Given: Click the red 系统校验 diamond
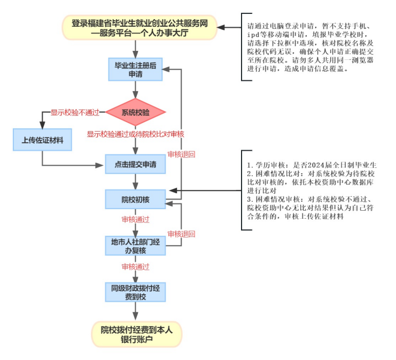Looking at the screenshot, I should click(135, 112).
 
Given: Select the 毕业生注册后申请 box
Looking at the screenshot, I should click(135, 70).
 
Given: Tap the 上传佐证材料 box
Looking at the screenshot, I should click(42, 140).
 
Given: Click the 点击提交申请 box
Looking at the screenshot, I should click(135, 165).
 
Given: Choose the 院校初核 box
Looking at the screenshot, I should click(135, 200).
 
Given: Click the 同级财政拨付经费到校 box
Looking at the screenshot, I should click(135, 292).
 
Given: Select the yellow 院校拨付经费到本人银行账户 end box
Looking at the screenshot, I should click(136, 334).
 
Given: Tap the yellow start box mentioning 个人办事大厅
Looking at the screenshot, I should click(139, 28).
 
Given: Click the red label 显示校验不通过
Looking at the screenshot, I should click(75, 112).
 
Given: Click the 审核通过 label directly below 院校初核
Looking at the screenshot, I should click(135, 220).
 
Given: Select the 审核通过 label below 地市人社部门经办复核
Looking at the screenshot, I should click(135, 266).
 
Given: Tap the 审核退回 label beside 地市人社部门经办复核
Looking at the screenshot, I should click(181, 234).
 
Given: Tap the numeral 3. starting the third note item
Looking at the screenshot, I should click(250, 199).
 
